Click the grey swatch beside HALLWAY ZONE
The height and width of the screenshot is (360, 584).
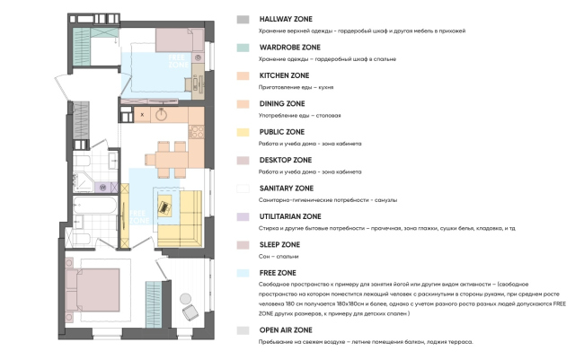click(x=242, y=19)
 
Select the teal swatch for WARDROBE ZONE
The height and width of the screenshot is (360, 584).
click(x=242, y=47)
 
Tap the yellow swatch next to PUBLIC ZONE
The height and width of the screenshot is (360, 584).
click(x=242, y=132)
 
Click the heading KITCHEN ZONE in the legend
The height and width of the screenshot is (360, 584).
click(x=284, y=75)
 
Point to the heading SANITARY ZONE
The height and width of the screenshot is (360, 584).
click(x=286, y=189)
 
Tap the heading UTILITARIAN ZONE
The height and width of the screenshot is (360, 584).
click(x=289, y=216)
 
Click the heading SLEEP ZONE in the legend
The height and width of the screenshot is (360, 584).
click(x=279, y=244)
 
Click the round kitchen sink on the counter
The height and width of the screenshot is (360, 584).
click(x=162, y=115)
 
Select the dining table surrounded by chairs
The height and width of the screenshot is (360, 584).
click(x=165, y=161)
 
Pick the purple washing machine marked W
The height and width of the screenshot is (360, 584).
click(x=103, y=187)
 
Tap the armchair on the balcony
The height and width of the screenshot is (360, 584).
click(x=190, y=312)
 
